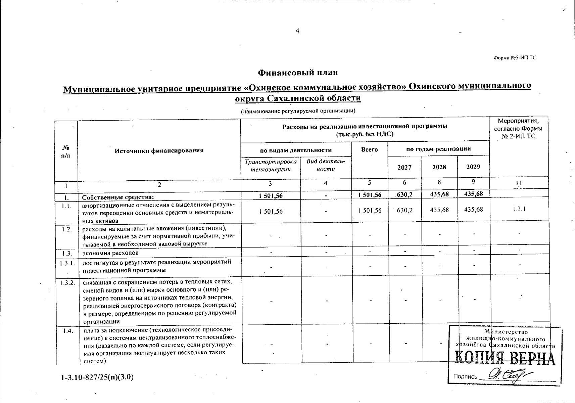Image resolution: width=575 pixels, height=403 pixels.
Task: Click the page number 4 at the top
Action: (x=297, y=31)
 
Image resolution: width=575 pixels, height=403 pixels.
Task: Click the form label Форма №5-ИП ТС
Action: (x=515, y=57)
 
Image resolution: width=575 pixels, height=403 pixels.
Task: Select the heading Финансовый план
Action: (x=298, y=73)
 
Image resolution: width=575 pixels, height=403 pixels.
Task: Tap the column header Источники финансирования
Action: (x=159, y=150)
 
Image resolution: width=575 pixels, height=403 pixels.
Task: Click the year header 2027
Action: (x=404, y=167)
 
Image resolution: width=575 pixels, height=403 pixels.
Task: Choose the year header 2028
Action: (x=439, y=167)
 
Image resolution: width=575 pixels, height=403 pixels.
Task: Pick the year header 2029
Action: (x=473, y=167)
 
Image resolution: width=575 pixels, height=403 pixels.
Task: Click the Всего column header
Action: (x=369, y=149)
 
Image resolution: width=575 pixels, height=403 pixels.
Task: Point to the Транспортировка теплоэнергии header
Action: (x=271, y=165)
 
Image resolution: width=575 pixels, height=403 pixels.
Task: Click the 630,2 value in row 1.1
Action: (x=404, y=210)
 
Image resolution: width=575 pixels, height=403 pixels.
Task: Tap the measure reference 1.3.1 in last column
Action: (x=519, y=209)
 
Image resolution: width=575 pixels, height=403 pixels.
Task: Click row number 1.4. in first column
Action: (x=68, y=331)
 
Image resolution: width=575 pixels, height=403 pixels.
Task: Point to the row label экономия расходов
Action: (x=110, y=253)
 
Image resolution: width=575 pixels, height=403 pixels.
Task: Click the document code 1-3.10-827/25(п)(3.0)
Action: (x=97, y=377)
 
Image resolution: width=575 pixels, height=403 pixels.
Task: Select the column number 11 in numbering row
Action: (x=519, y=183)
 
